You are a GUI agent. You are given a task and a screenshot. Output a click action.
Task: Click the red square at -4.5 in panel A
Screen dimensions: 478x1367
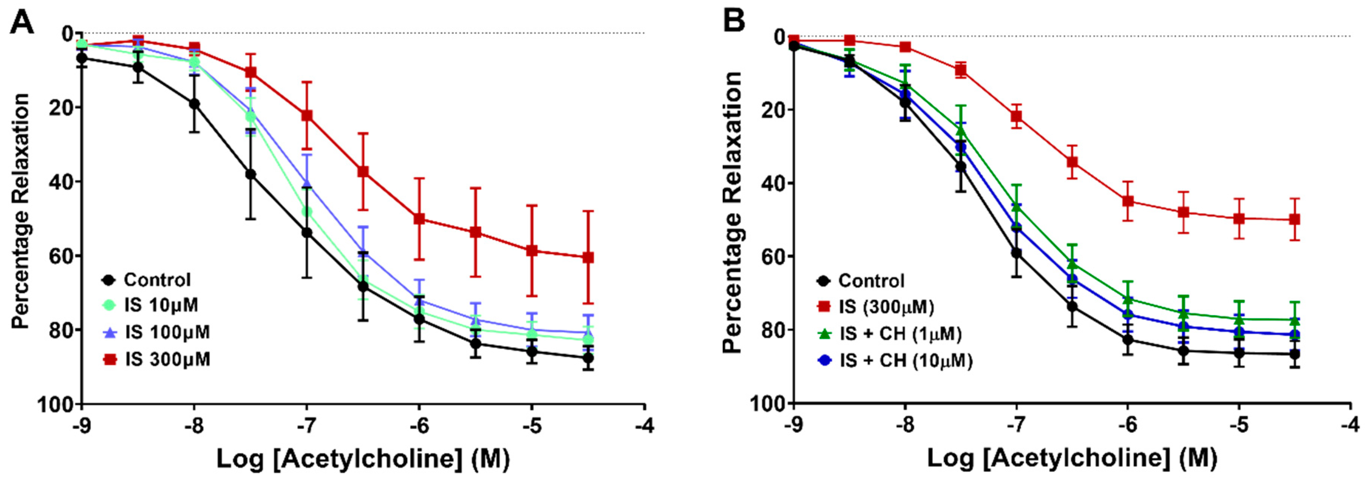(x=587, y=257)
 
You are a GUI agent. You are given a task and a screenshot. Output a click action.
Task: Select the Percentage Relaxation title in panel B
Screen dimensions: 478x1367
(x=732, y=213)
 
